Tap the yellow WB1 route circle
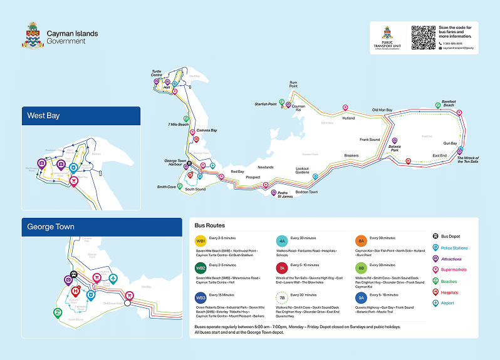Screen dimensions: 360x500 click(x=201, y=241)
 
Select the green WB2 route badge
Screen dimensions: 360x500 click(x=201, y=268)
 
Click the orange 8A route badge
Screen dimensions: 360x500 click(x=361, y=241)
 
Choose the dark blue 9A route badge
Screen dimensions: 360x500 click(x=361, y=298)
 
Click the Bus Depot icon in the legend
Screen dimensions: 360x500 click(x=436, y=237)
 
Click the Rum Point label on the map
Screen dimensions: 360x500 click(x=293, y=84)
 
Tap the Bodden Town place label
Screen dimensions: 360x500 click(x=306, y=192)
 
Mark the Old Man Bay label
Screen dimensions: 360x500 click(x=382, y=110)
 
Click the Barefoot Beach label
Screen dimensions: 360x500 click(x=448, y=104)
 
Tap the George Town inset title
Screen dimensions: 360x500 click(x=51, y=227)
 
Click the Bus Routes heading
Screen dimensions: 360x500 click(x=209, y=225)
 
